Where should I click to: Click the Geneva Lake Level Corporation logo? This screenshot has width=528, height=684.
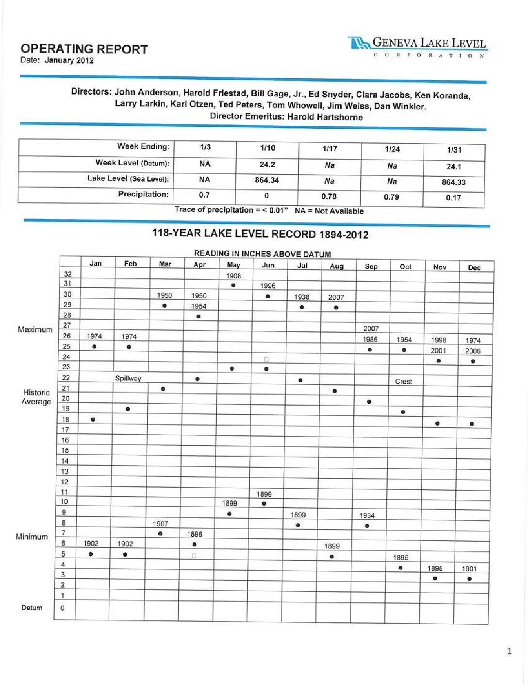coord(417,47)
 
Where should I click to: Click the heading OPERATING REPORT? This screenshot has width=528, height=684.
coord(84,49)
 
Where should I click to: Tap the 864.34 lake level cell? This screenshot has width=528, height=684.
coord(267,180)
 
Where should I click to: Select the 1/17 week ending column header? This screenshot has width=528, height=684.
coord(330,149)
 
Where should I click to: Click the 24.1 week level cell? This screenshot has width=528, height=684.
coord(454,167)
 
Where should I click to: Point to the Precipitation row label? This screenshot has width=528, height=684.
coord(143,194)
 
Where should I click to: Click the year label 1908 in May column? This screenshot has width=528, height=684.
coord(233,275)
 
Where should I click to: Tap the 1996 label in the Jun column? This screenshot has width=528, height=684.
coord(267,286)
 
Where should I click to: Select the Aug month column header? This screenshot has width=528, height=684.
coord(336,266)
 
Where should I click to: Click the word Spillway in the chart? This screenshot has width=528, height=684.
coord(128,378)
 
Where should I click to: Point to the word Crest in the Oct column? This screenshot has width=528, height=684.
coord(403,381)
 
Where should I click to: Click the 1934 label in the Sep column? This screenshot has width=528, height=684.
coord(367,515)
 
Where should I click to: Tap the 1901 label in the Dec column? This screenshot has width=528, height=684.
coord(469,568)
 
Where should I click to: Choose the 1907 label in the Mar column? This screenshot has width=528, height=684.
coord(161,524)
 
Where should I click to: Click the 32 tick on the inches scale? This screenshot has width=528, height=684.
coord(67,274)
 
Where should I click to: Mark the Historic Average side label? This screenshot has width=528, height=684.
coord(36,397)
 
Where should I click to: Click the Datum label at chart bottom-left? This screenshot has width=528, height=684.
coord(32,608)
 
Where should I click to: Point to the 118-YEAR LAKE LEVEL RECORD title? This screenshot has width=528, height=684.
coord(260,234)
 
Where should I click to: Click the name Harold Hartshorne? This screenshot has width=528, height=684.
coord(325,117)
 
